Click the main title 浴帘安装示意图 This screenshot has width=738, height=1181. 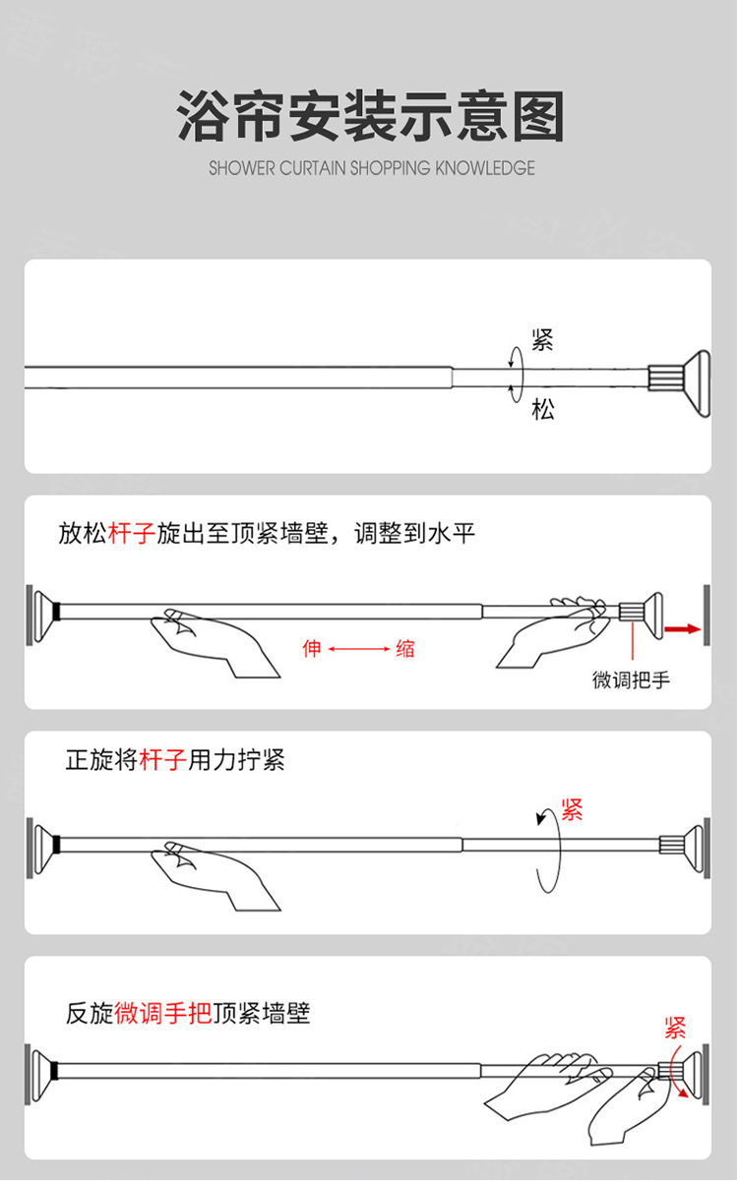coord(370,117)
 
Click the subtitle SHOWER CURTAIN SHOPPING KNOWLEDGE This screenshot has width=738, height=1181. coord(371,168)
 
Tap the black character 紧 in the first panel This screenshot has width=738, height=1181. coord(542,340)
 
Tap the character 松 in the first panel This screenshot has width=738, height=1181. coord(543,409)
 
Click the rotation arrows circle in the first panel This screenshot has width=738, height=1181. coord(515,374)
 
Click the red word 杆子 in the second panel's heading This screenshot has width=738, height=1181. coord(131,534)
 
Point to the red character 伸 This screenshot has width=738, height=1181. coord(312,649)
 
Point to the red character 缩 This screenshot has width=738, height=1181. coord(404,649)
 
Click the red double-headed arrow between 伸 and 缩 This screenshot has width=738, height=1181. coord(358,649)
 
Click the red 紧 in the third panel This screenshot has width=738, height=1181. coord(572,810)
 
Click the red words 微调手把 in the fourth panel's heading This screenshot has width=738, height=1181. coord(163,1013)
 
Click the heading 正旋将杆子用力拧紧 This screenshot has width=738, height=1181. coord(175,760)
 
